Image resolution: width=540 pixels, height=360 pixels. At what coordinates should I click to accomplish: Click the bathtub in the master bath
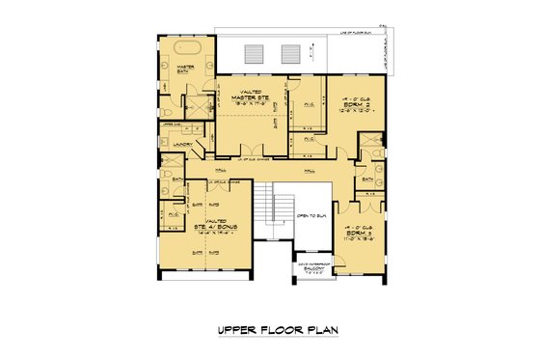pos(184,47)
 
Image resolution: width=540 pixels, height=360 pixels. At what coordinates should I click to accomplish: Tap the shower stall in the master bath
pos(197,107)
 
